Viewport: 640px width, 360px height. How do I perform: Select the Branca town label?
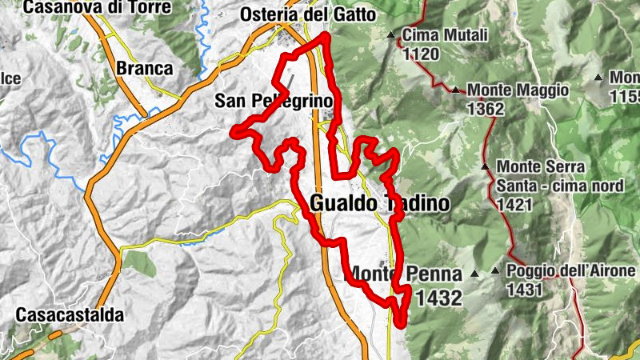[145, 68]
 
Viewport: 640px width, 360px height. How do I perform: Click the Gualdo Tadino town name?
[379, 203]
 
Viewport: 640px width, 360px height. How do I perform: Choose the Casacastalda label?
[70, 315]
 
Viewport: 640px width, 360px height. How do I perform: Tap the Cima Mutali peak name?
[443, 36]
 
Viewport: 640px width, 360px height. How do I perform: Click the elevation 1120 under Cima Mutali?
[422, 54]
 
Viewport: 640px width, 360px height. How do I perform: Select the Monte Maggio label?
[518, 90]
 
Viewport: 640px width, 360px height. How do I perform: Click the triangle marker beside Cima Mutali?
[391, 35]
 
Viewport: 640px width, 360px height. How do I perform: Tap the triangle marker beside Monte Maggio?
[455, 90]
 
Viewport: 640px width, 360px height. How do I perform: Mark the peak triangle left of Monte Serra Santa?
[485, 166]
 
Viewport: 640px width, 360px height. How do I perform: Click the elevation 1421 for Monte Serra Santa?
[516, 205]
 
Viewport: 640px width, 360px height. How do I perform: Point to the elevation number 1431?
[525, 289]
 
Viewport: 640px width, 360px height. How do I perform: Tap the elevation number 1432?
[440, 299]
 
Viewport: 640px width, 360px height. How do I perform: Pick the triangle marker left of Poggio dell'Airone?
[495, 272]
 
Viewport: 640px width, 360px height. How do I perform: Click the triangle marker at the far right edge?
[598, 78]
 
